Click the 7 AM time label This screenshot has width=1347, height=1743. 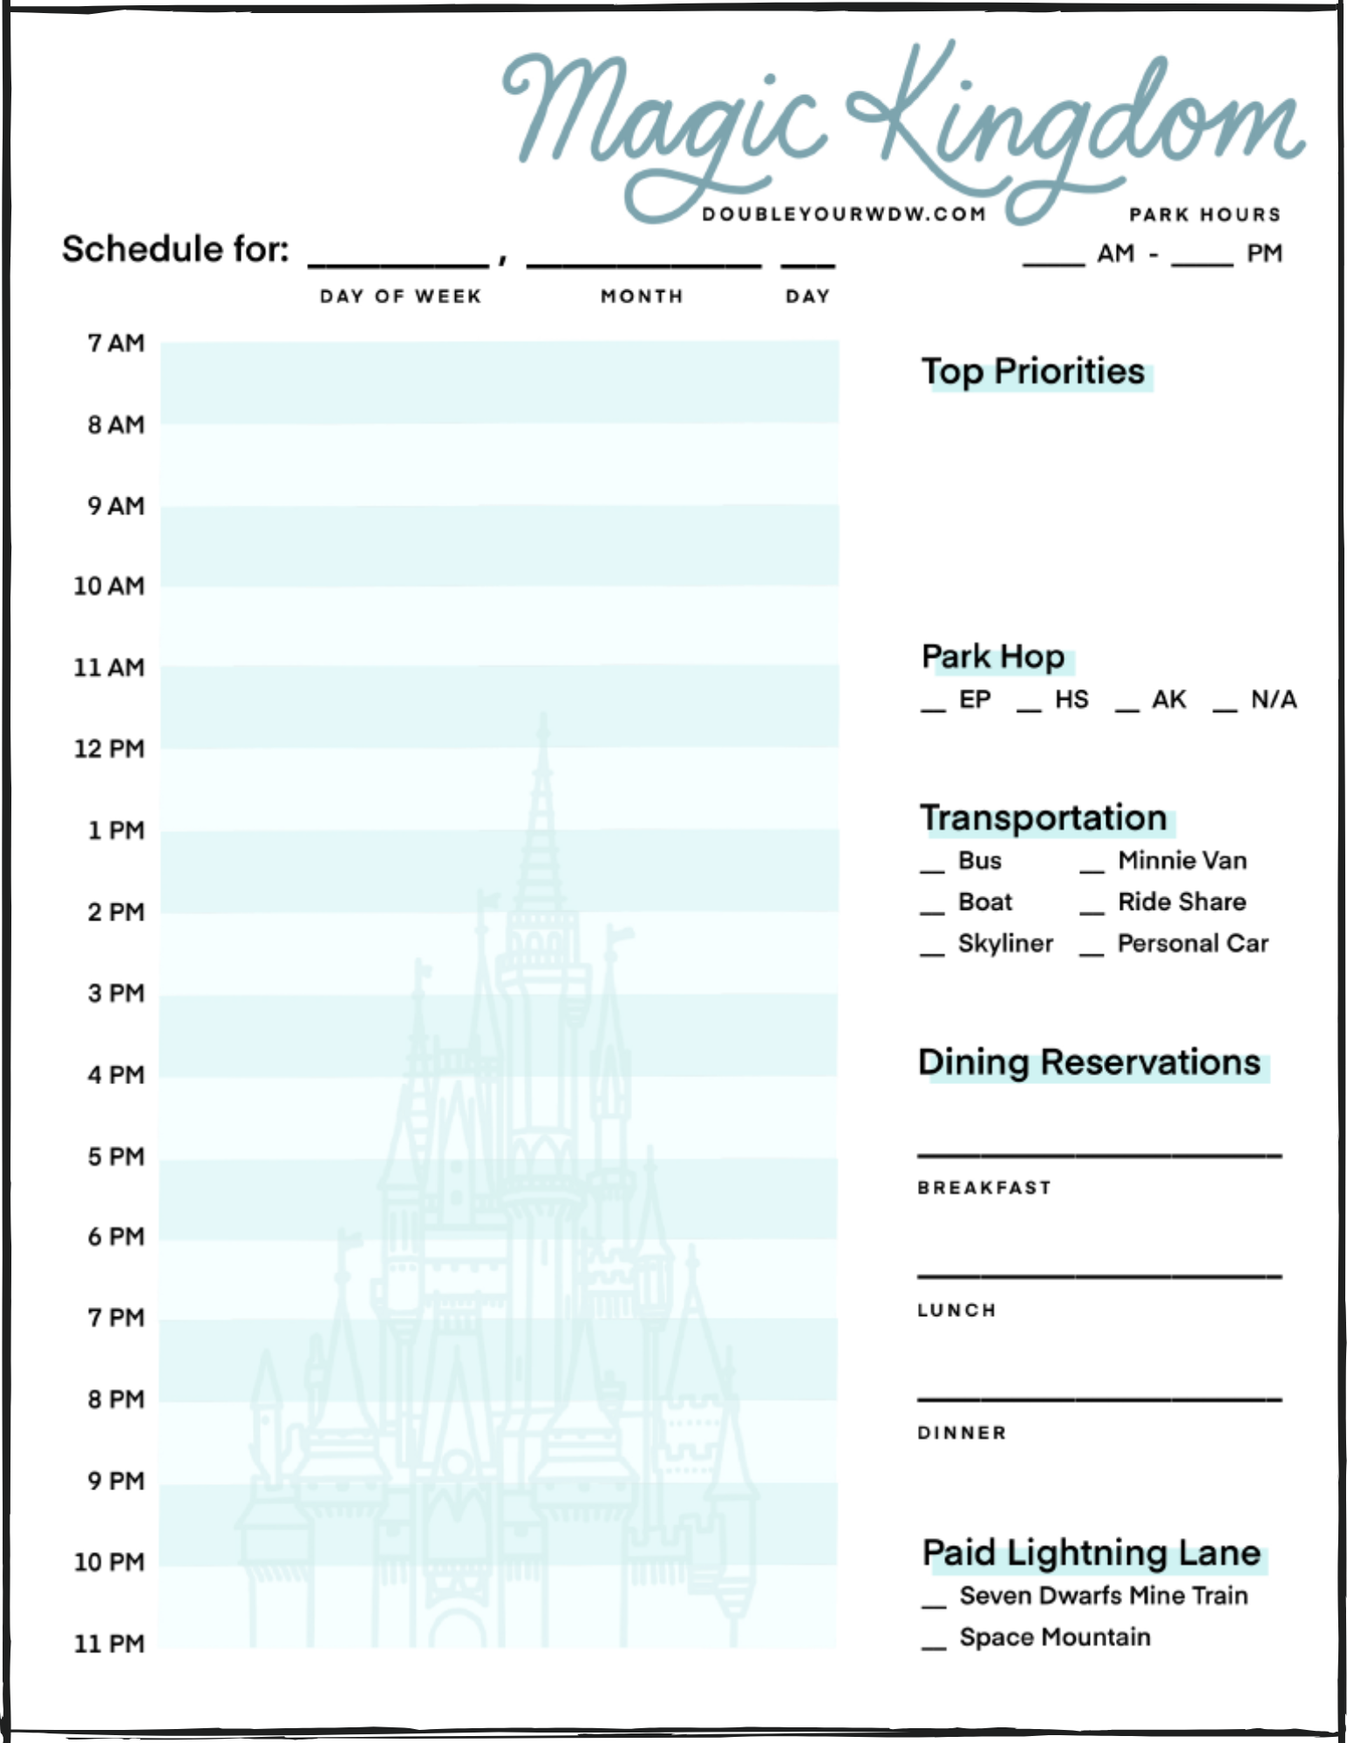[116, 343]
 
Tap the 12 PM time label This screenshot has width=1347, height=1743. [109, 749]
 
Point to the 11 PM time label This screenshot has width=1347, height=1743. [109, 1644]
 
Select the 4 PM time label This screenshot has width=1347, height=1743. [116, 1075]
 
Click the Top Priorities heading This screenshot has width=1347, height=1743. [1033, 372]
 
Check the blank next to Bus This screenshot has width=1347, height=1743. [932, 869]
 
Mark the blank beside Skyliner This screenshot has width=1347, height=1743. [932, 952]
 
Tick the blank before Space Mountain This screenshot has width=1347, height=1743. [934, 1646]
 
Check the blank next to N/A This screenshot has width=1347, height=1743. [1225, 709]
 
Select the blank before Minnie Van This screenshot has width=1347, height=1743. [1092, 869]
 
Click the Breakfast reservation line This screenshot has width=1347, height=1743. [1099, 1154]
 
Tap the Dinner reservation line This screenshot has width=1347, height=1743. [1099, 1399]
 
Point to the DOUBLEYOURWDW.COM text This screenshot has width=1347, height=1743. [844, 214]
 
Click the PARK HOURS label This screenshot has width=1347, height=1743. [1205, 214]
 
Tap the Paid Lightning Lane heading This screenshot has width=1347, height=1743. [1092, 1553]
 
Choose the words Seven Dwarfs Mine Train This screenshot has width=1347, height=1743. [1104, 1596]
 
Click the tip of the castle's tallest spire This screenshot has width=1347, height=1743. [543, 716]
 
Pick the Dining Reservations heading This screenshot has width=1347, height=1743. [1089, 1062]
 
